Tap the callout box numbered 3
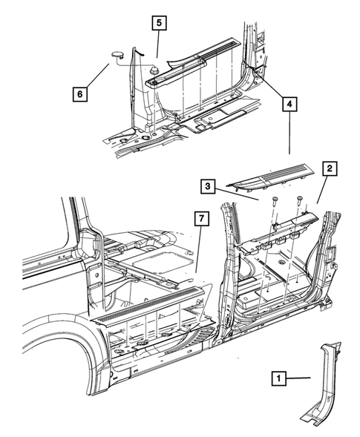210,185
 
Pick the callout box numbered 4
288,105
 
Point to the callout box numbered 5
159,22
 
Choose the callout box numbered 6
79,94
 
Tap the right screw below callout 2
301,200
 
